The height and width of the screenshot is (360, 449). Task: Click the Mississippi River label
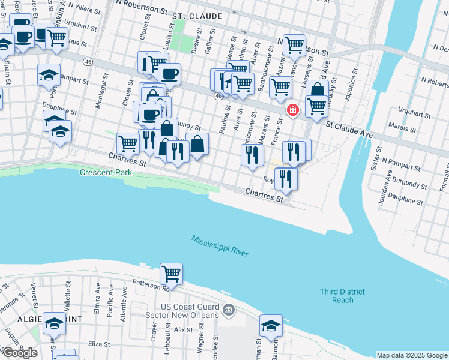[220, 246]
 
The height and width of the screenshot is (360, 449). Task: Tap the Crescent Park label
[105, 173]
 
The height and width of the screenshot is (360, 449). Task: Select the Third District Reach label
[342, 296]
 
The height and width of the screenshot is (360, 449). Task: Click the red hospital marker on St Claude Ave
[292, 110]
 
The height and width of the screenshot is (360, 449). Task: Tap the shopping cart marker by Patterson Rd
[172, 274]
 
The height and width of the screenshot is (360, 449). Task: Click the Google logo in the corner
[20, 352]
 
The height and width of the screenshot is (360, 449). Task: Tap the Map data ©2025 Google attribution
[411, 355]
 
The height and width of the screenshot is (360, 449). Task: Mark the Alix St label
[179, 329]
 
